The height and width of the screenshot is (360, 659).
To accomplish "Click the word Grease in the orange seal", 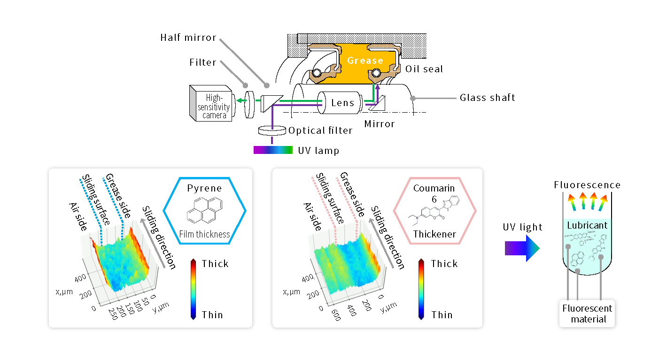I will pyautogui.click(x=365, y=61).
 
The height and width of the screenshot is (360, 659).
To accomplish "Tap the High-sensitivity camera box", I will pyautogui.click(x=213, y=103).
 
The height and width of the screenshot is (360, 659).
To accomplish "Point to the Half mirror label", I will pyautogui.click(x=188, y=38).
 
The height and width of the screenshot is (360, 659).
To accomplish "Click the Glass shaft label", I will pyautogui.click(x=487, y=98).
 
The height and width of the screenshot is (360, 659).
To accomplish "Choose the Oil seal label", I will pyautogui.click(x=424, y=69).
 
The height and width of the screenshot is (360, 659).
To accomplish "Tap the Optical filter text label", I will pyautogui.click(x=320, y=130).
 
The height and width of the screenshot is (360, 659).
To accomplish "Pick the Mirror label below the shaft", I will pyautogui.click(x=380, y=124).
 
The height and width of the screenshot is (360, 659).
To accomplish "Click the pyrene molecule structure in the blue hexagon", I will pyautogui.click(x=205, y=210).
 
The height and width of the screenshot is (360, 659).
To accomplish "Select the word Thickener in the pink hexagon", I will pyautogui.click(x=434, y=234).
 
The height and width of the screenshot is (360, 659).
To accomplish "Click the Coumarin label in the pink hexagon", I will pyautogui.click(x=434, y=188).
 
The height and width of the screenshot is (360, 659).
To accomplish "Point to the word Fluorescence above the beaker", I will pyautogui.click(x=587, y=185).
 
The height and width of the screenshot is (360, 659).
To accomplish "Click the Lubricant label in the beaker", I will pyautogui.click(x=587, y=225).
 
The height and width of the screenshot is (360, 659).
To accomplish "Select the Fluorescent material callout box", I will pyautogui.click(x=587, y=314).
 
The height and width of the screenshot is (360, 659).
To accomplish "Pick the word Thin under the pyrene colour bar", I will pyautogui.click(x=212, y=314).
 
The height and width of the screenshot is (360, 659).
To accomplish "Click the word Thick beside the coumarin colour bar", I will pyautogui.click(x=444, y=263).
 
